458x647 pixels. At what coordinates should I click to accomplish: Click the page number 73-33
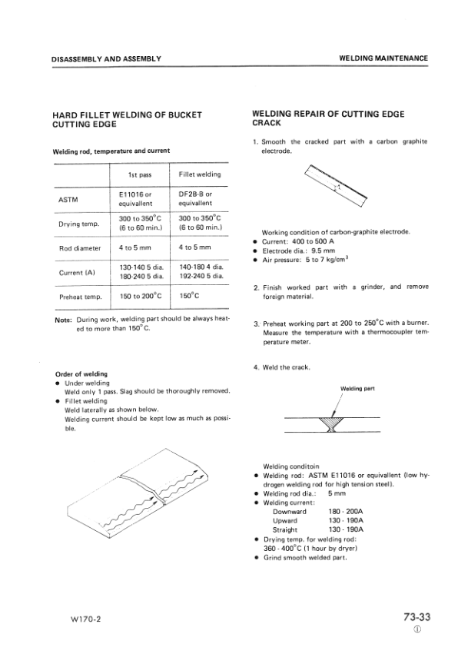pyautogui.click(x=415, y=616)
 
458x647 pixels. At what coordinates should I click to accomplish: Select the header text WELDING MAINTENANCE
pyautogui.click(x=383, y=58)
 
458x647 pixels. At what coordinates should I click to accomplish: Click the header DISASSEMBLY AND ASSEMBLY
pyautogui.click(x=106, y=58)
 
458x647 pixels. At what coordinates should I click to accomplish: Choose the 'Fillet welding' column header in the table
pyautogui.click(x=200, y=174)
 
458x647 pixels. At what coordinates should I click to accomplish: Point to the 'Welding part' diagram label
pyautogui.click(x=357, y=389)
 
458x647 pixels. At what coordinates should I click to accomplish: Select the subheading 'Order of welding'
pyautogui.click(x=80, y=374)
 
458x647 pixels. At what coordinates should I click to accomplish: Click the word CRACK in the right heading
pyautogui.click(x=267, y=123)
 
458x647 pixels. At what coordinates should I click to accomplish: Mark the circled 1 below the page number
pyautogui.click(x=417, y=630)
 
